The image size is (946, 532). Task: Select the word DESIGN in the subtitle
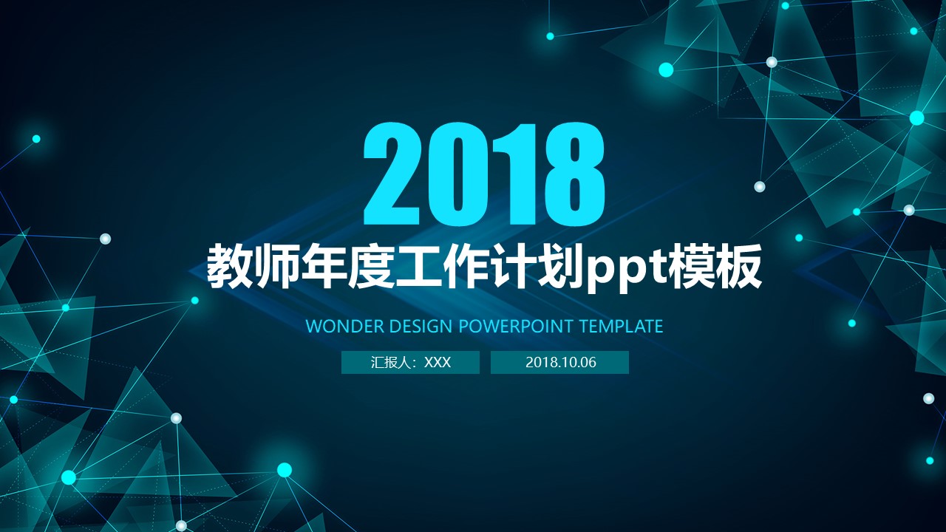point(421,326)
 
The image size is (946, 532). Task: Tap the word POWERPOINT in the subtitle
point(516,326)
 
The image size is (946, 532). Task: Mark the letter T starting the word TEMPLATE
point(582,326)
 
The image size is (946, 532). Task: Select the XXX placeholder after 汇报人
point(438,362)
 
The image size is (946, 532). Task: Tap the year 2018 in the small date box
point(540,362)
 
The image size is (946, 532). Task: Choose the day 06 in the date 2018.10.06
point(587,362)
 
